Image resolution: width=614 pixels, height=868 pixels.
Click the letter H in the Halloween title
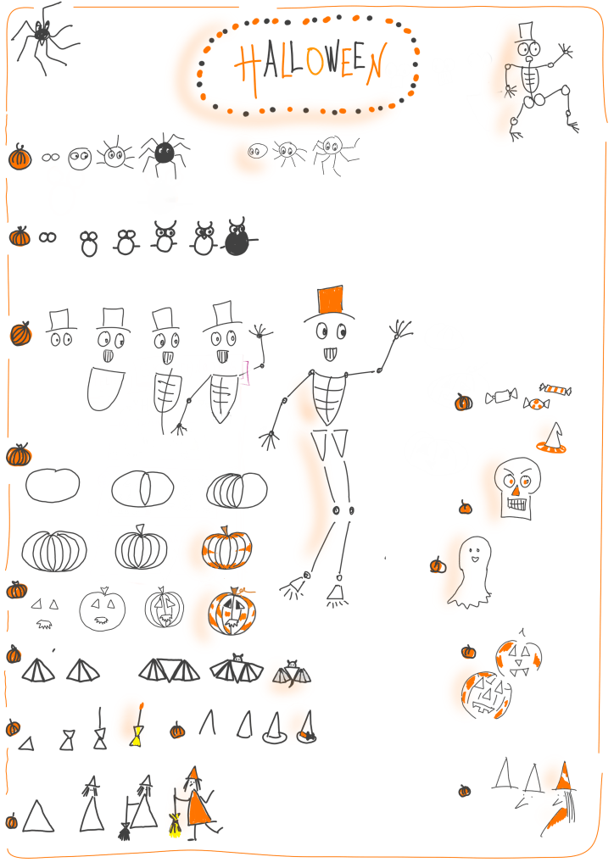[248, 68]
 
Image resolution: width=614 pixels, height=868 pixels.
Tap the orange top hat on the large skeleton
[331, 302]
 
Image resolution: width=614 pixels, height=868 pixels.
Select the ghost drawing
[471, 571]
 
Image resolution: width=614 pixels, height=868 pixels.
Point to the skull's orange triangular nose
[516, 491]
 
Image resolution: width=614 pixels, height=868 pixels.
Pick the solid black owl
[238, 237]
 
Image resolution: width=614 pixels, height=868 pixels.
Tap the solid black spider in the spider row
[164, 153]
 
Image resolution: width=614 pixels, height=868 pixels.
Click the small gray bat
[292, 674]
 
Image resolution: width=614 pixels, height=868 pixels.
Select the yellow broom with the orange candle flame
[137, 726]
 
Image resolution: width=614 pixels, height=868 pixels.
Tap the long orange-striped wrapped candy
[555, 390]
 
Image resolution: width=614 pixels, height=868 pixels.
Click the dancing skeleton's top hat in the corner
[525, 32]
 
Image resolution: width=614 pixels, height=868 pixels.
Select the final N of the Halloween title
[376, 64]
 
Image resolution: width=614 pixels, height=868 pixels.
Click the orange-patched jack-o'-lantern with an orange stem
[232, 610]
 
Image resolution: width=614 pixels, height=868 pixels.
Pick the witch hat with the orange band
[306, 726]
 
